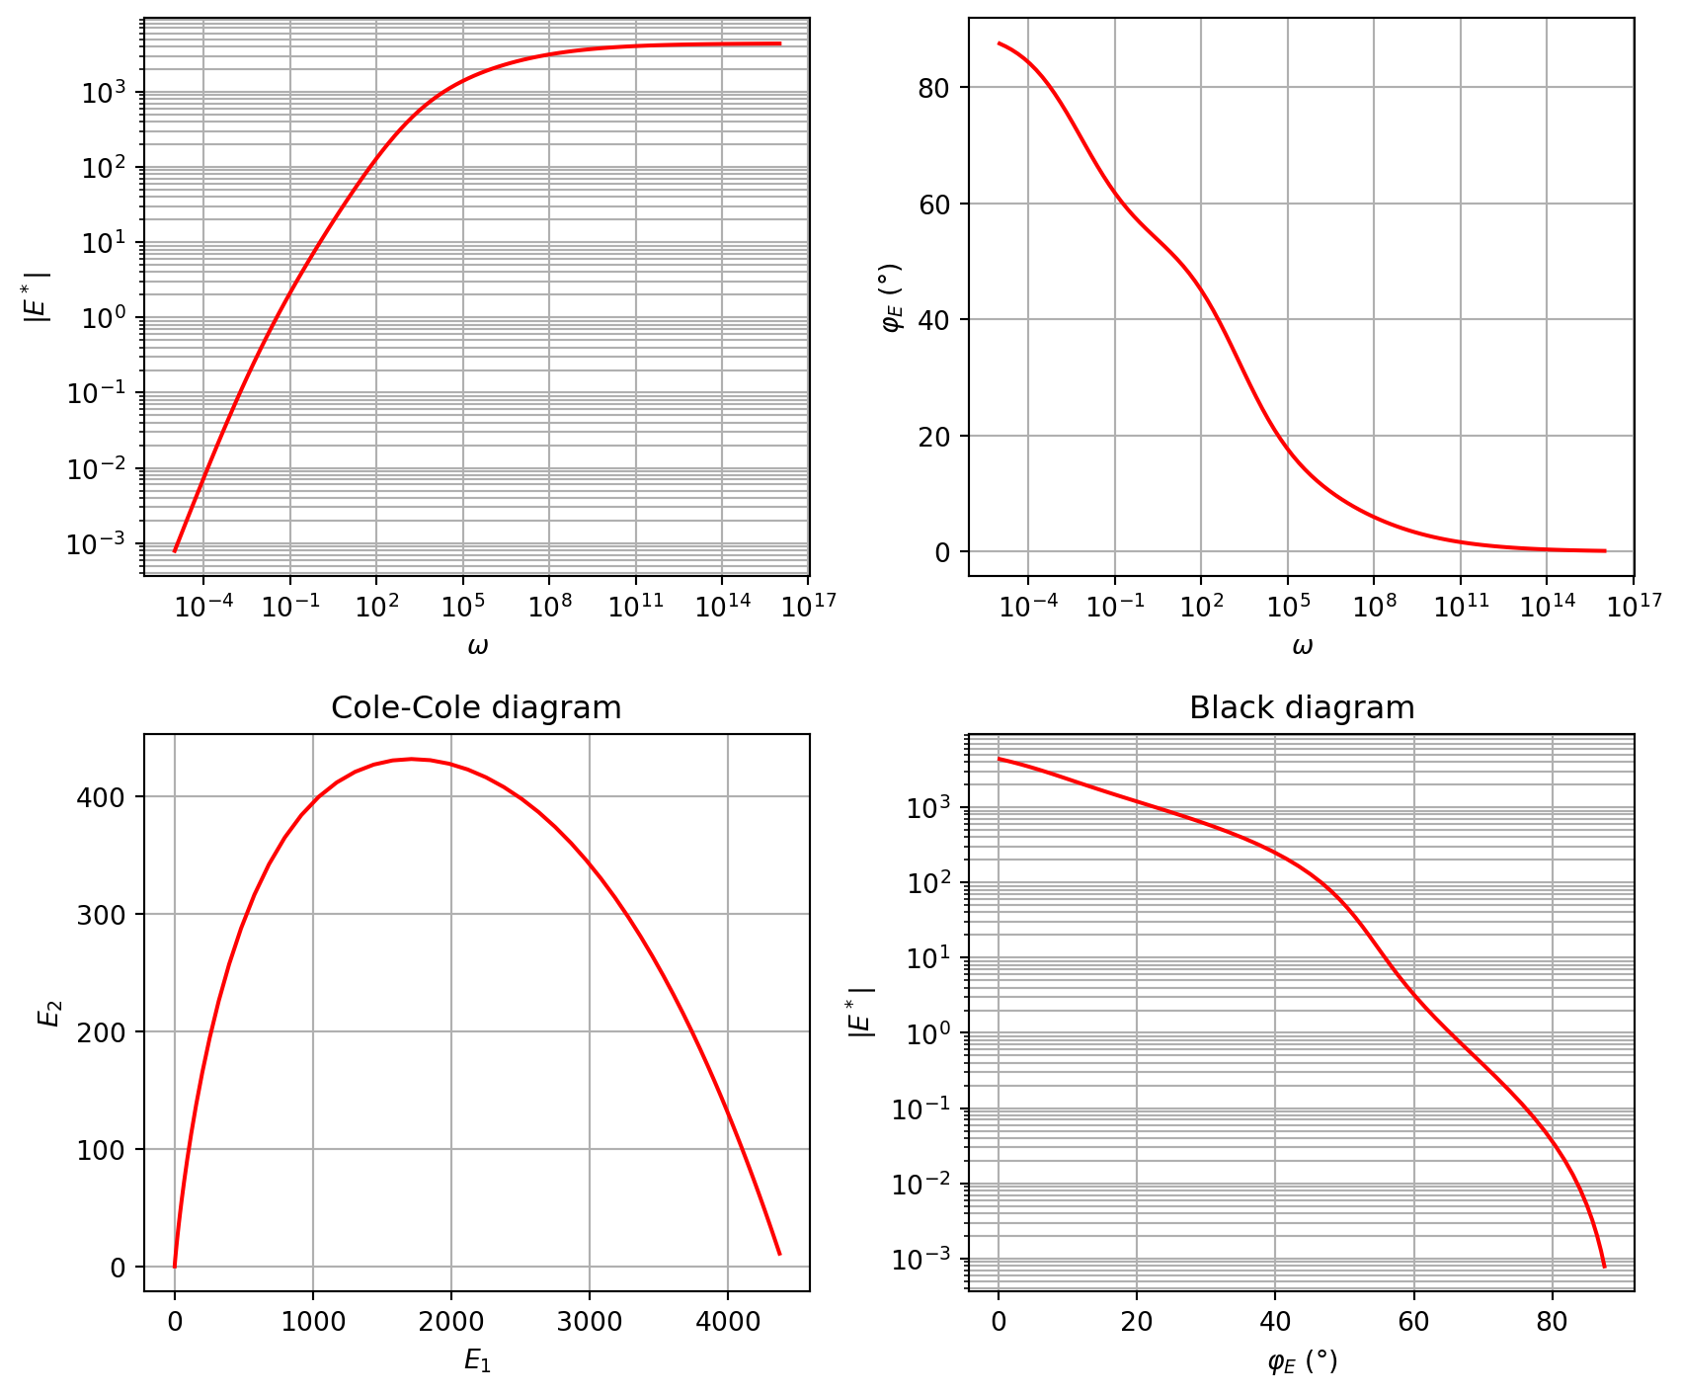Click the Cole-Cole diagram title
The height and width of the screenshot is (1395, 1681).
(476, 708)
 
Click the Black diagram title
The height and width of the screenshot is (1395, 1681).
(1301, 708)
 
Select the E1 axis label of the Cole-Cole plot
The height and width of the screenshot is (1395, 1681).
(477, 1361)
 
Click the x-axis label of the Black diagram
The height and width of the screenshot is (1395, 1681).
(1302, 1362)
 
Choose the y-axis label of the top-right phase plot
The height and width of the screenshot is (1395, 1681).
(891, 296)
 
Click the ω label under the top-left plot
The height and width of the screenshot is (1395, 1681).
(477, 647)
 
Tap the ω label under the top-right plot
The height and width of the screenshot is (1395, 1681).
(1302, 647)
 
